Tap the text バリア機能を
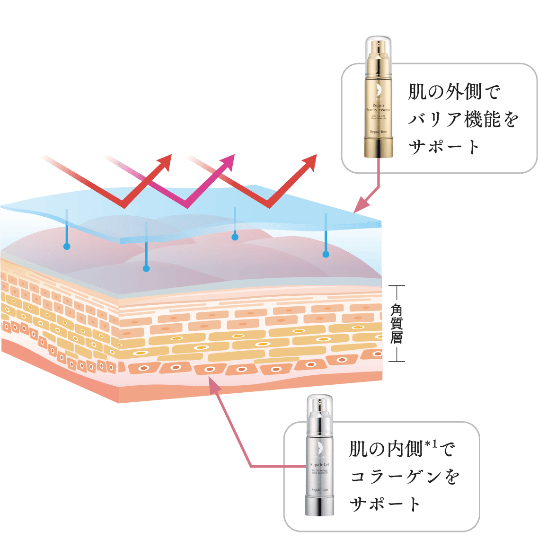pyautogui.click(x=463, y=120)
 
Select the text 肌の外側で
pyautogui.click(x=454, y=93)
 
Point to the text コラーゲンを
pyautogui.click(x=405, y=477)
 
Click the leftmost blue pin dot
pyautogui.click(x=67, y=247)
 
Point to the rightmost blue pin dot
pyautogui.click(x=326, y=255)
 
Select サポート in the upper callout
pyautogui.click(x=443, y=148)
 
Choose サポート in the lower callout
pyautogui.click(x=386, y=504)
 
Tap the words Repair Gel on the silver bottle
pyautogui.click(x=320, y=465)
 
